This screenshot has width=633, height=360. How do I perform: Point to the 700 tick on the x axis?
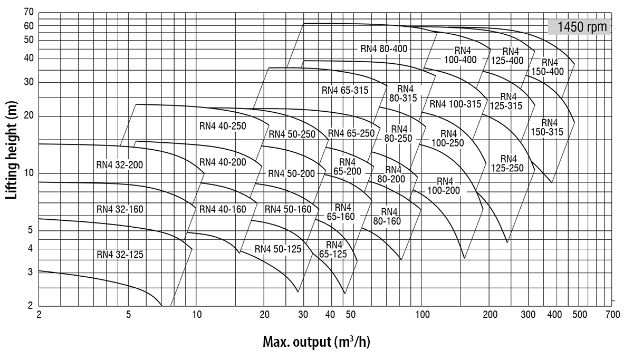[x=612, y=315]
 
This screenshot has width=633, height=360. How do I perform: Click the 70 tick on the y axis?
[x=28, y=12]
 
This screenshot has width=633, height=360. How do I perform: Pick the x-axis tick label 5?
[x=128, y=315]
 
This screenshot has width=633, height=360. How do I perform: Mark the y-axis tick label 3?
[x=31, y=272]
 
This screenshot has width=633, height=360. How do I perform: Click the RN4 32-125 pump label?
[x=120, y=255]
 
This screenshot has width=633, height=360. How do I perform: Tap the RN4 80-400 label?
[x=384, y=48]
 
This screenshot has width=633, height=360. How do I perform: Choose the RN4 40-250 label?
[x=223, y=125]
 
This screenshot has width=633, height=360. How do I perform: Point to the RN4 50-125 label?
[x=278, y=249]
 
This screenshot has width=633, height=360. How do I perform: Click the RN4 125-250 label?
[x=509, y=163]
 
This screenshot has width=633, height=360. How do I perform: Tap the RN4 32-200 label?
[x=120, y=164]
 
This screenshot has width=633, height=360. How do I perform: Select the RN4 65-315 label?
[x=346, y=90]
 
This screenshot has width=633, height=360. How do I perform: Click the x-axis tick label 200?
[x=490, y=315]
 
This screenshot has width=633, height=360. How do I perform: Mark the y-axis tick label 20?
[x=28, y=116]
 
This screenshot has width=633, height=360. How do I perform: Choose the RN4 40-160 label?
[x=223, y=209]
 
